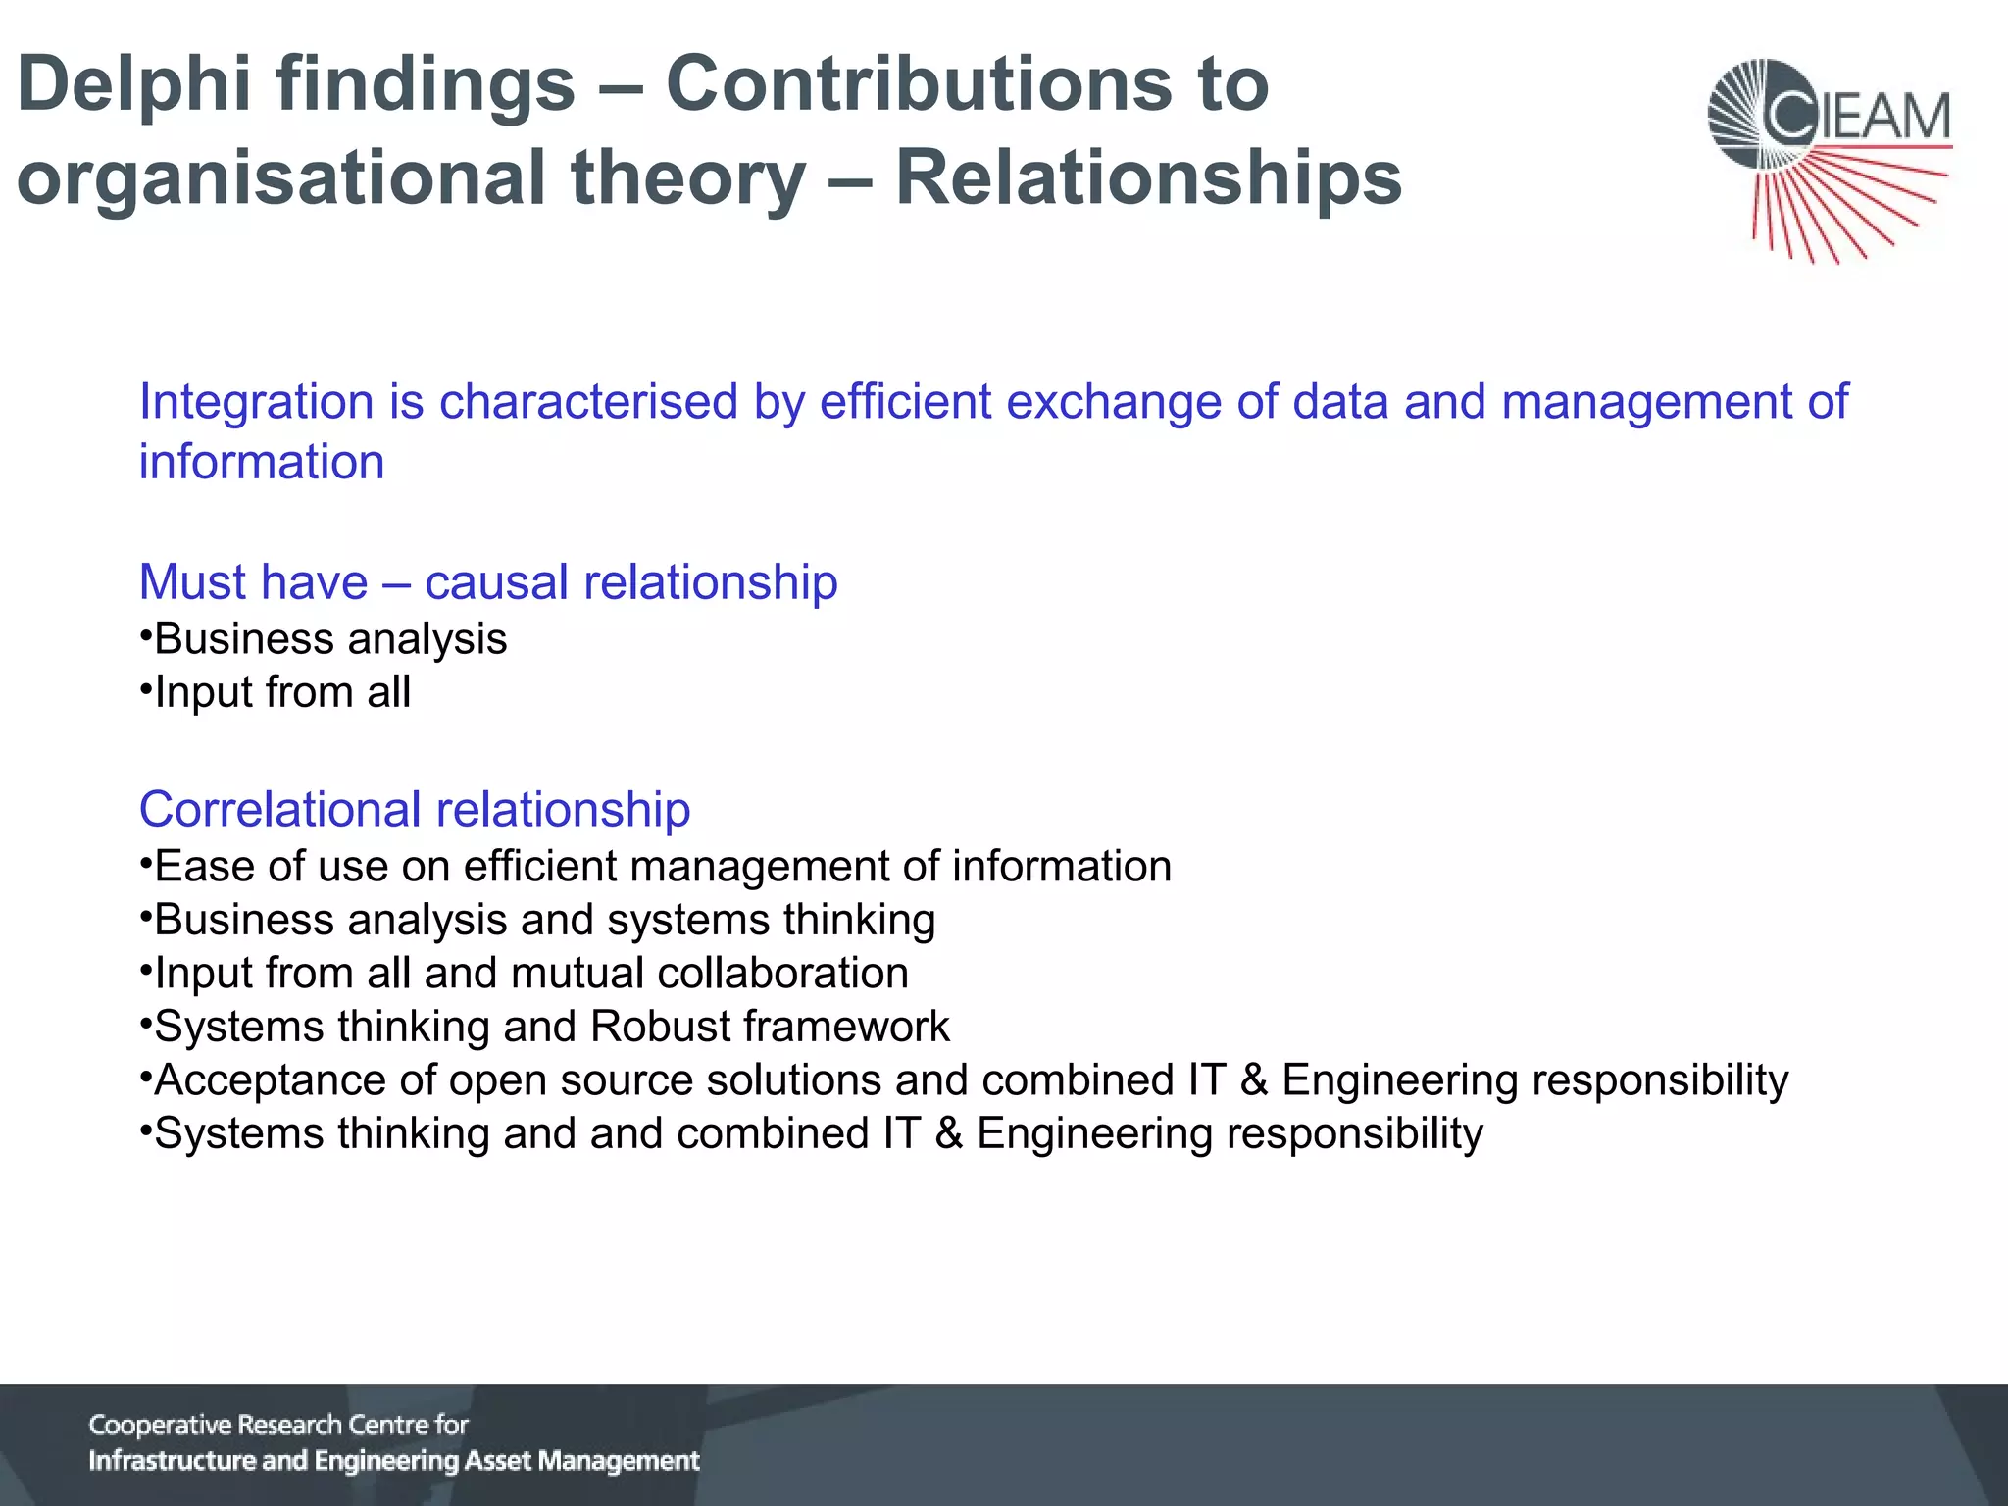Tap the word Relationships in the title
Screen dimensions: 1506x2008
click(x=1148, y=178)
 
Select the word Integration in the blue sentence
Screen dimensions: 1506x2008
click(x=256, y=401)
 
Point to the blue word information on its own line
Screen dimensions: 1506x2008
click(x=262, y=462)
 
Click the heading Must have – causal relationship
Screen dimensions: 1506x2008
click(x=488, y=582)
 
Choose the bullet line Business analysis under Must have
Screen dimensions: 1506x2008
click(x=330, y=639)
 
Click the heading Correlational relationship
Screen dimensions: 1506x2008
click(x=415, y=810)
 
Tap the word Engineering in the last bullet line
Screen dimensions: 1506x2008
click(x=1093, y=1134)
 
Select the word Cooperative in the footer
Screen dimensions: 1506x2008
click(x=160, y=1425)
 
